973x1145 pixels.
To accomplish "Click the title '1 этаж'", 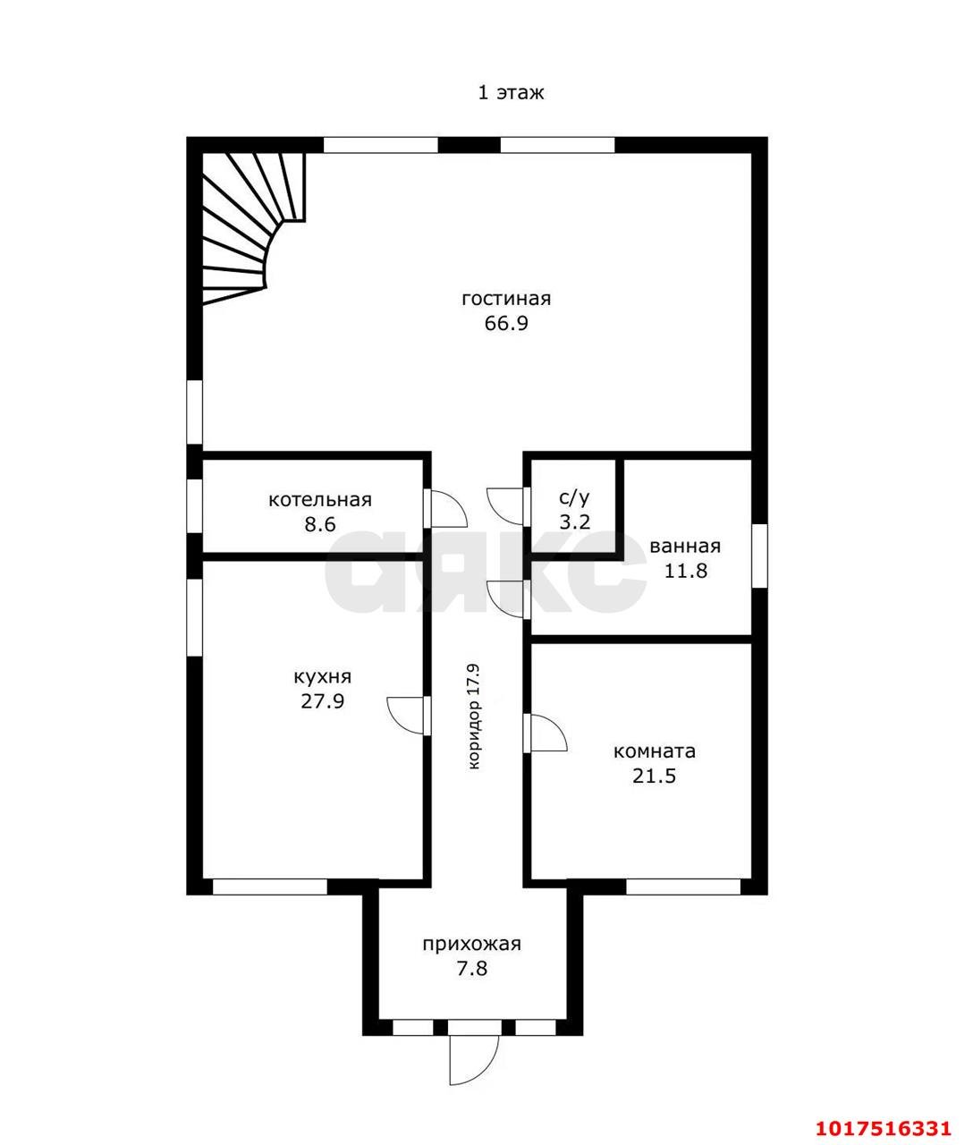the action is pyautogui.click(x=511, y=92).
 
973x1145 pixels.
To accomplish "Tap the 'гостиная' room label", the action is pyautogui.click(x=506, y=299).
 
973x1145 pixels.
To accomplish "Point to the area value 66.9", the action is pyautogui.click(x=506, y=324).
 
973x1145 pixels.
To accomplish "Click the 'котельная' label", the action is pyautogui.click(x=320, y=500).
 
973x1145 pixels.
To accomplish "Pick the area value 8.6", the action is pyautogui.click(x=320, y=524).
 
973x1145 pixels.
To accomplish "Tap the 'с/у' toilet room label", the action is pyautogui.click(x=575, y=499).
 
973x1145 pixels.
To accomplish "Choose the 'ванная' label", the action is pyautogui.click(x=685, y=547).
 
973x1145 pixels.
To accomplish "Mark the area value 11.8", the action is pyautogui.click(x=686, y=571).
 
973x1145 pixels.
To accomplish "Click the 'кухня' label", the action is pyautogui.click(x=322, y=677).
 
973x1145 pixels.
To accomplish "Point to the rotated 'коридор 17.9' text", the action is pyautogui.click(x=475, y=717).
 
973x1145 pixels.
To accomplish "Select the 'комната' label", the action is pyautogui.click(x=655, y=751).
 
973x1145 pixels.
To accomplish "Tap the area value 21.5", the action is pyautogui.click(x=655, y=776).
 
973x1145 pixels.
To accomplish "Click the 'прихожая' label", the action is pyautogui.click(x=472, y=944).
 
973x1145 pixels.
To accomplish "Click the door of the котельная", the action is pyautogui.click(x=445, y=507).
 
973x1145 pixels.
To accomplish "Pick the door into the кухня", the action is pyautogui.click(x=409, y=715).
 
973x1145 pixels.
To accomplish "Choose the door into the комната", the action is pyautogui.click(x=545, y=733).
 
